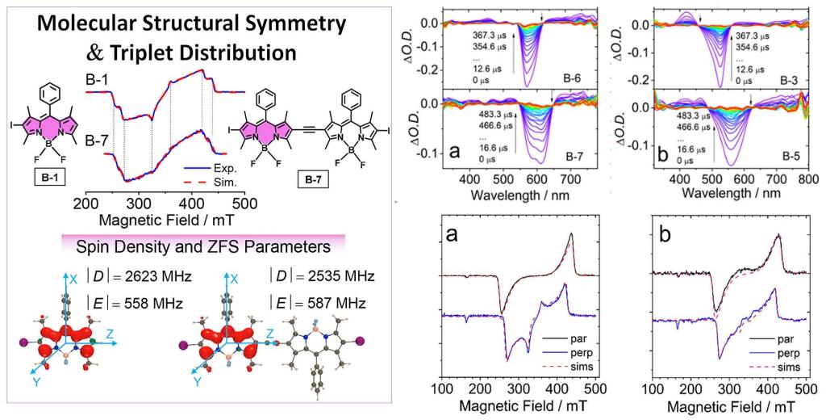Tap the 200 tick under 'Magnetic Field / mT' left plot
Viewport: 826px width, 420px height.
tap(86, 203)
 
